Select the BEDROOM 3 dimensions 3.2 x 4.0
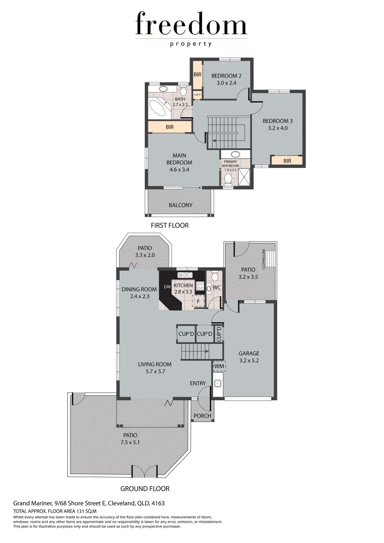277,128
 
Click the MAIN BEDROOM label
179,159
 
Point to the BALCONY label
180,205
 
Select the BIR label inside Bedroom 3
287,161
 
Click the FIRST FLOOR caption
170,226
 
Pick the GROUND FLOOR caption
145,488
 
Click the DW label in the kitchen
167,288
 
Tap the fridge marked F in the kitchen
199,302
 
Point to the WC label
217,288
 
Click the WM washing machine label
219,367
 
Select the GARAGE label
249,353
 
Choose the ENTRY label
198,384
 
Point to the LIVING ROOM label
155,365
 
